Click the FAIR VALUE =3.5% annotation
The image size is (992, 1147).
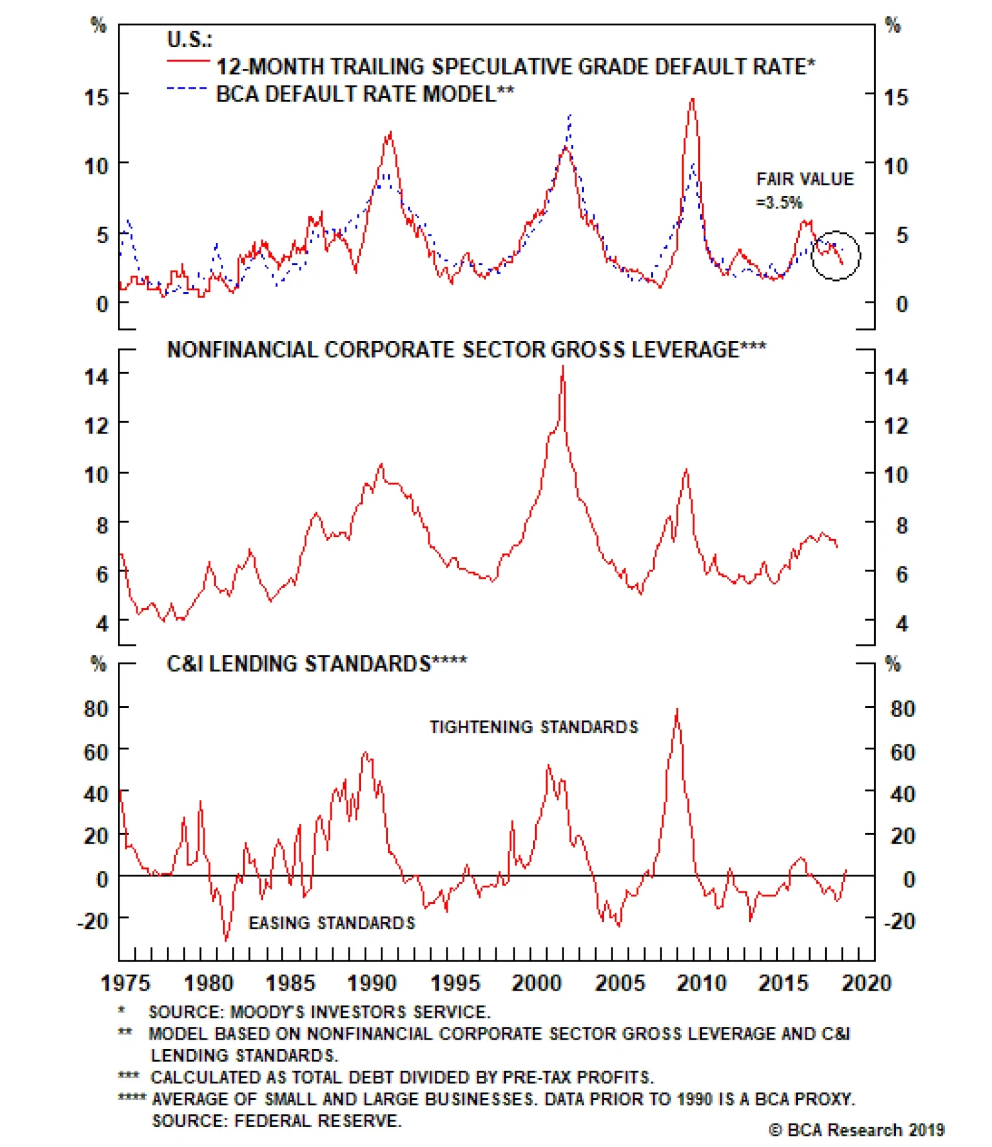pyautogui.click(x=804, y=190)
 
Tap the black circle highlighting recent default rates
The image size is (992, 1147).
pyautogui.click(x=835, y=255)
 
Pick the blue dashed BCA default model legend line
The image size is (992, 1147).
pyautogui.click(x=187, y=89)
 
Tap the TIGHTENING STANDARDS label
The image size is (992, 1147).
pyautogui.click(x=533, y=726)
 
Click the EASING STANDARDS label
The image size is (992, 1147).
pyautogui.click(x=332, y=923)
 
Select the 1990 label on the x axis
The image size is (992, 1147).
pyautogui.click(x=371, y=983)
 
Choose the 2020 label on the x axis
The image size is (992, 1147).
pyautogui.click(x=866, y=983)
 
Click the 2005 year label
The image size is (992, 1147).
pyautogui.click(x=620, y=983)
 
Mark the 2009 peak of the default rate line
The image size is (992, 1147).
pyautogui.click(x=692, y=99)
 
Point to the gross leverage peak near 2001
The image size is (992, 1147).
pyautogui.click(x=563, y=367)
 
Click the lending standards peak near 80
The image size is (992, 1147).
pyautogui.click(x=677, y=709)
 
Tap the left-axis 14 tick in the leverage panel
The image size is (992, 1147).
pyautogui.click(x=97, y=376)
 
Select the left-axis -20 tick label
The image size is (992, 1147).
pyautogui.click(x=93, y=921)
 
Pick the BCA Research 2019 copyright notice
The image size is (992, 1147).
pyautogui.click(x=856, y=1130)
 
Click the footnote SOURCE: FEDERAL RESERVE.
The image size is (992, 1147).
pyautogui.click(x=277, y=1121)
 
